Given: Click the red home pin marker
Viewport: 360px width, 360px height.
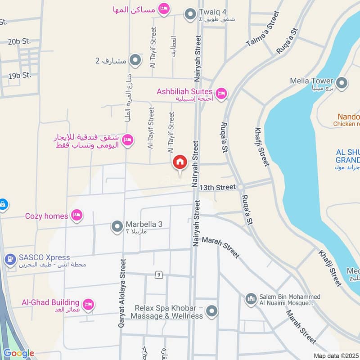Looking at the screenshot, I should click(180, 162).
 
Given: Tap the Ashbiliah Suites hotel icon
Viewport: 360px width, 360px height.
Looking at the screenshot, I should click(220, 94).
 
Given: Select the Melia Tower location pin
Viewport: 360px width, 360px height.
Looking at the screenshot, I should click(342, 83).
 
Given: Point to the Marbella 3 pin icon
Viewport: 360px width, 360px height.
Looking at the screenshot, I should click(117, 226).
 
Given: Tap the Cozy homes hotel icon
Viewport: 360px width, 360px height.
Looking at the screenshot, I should click(77, 215).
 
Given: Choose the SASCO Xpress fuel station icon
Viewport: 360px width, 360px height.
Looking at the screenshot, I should click(9, 260).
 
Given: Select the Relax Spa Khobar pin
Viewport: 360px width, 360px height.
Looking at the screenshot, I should click(212, 310).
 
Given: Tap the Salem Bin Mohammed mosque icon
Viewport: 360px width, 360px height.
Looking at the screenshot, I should click(251, 298).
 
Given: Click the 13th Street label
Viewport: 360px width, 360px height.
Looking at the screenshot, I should click(218, 187).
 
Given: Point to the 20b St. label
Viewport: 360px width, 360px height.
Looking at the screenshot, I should click(19, 41).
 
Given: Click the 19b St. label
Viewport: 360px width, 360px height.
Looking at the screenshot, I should click(19, 75).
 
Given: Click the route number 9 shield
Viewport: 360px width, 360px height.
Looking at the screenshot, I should click(158, 274).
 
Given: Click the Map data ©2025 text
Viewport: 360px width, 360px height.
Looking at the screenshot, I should click(336, 355).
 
